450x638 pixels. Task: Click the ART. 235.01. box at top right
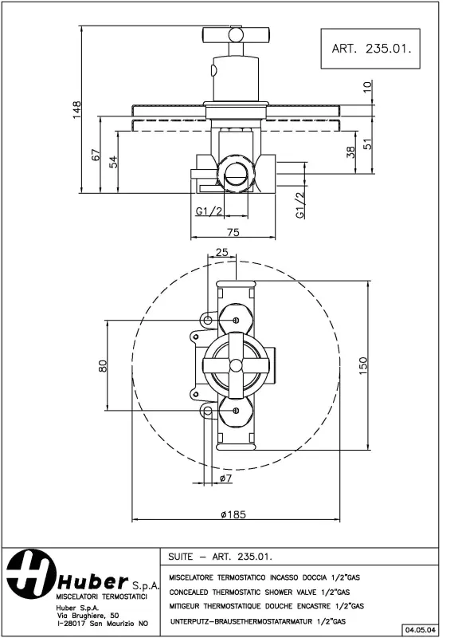(x=370, y=48)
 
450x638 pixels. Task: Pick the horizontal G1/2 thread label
(x=209, y=211)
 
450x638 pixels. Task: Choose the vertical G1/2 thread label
(x=300, y=205)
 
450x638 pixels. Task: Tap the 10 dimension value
(x=366, y=87)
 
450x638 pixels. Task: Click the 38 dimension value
(x=350, y=152)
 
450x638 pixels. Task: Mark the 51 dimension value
(x=366, y=144)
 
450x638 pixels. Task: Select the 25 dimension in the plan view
(x=222, y=253)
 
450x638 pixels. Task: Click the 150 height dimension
(x=363, y=365)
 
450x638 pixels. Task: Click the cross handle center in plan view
(x=236, y=366)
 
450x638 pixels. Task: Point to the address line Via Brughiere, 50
(x=88, y=615)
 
